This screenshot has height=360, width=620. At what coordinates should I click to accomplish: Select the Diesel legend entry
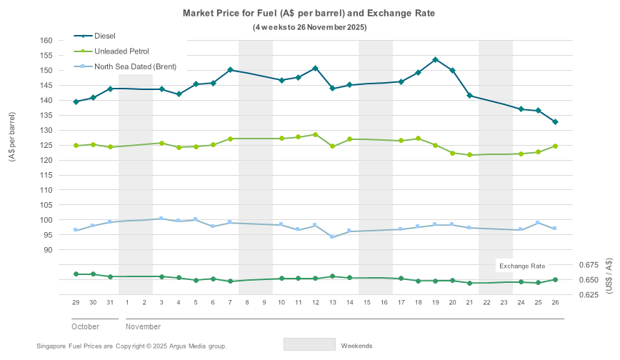[104, 36]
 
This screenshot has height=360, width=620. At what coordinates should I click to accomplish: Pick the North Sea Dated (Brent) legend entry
[135, 66]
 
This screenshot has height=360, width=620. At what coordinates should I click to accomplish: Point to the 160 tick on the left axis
[46, 41]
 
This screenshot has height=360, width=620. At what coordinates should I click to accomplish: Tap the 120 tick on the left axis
[46, 160]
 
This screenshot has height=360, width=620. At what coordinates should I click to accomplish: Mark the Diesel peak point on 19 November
[435, 60]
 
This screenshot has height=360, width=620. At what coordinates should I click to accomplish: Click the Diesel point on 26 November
[555, 122]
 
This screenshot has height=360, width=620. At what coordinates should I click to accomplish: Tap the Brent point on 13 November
[332, 237]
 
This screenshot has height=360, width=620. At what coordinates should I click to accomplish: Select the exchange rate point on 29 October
[76, 274]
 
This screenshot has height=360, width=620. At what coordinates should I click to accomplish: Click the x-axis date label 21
[469, 303]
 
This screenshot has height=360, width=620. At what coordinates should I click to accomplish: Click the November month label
[144, 326]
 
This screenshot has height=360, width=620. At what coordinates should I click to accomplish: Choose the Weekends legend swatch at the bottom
[309, 344]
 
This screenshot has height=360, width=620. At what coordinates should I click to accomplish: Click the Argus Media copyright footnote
[131, 346]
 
